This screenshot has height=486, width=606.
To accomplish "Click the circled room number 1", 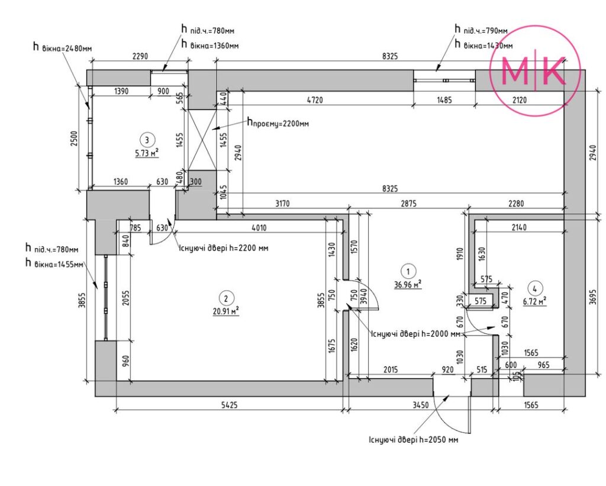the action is [408, 271].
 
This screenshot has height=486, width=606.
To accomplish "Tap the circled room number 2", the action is [226, 298].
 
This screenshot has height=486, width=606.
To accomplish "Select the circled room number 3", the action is [147, 140].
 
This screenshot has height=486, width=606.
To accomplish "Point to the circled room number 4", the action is [534, 288].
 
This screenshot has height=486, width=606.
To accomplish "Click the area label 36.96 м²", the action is [408, 285].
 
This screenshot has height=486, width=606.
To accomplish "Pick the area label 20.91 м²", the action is [226, 311].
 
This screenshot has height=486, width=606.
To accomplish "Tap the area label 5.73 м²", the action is [147, 153].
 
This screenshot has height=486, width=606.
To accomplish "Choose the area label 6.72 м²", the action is [534, 301].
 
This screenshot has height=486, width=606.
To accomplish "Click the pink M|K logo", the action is [535, 71].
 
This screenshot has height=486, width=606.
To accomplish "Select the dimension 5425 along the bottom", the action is [229, 405].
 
